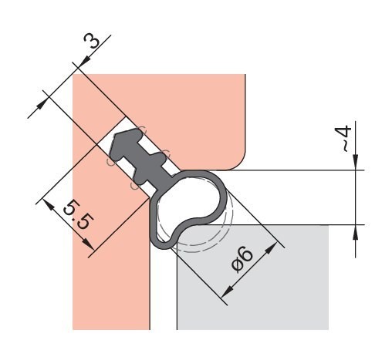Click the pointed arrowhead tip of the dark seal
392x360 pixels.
click(114, 141)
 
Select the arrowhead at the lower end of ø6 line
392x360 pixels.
click(225, 294)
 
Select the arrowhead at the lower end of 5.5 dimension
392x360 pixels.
click(90, 247)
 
